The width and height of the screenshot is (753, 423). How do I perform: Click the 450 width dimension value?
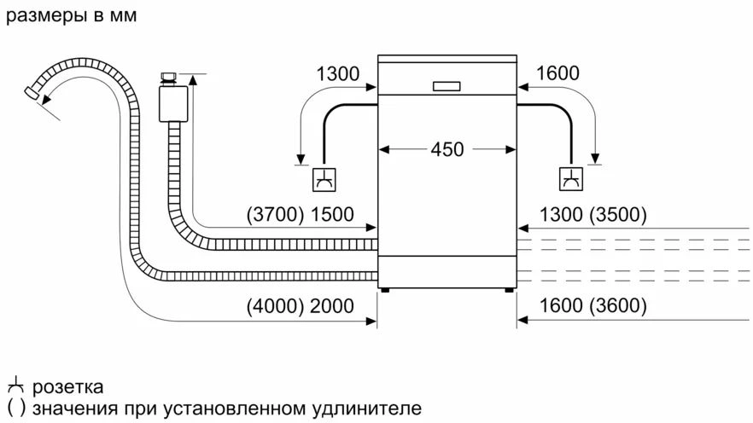tap(447, 149)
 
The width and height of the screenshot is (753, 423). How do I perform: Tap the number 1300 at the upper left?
tap(338, 73)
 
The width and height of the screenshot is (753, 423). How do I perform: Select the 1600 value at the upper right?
tap(557, 73)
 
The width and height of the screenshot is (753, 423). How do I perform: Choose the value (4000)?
tap(273, 305)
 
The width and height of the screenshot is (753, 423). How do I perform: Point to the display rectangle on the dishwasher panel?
tap(447, 85)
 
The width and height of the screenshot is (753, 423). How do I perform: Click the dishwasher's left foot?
tap(386, 289)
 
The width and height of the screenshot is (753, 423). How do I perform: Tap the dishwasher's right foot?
tap(509, 289)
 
